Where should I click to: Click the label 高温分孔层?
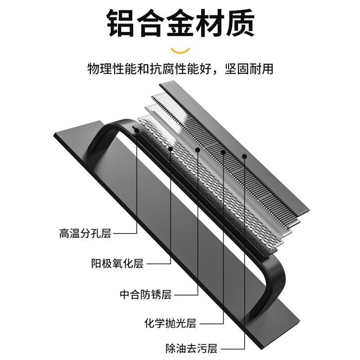[85, 234]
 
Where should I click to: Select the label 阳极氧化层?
[117, 264]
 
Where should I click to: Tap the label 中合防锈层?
[145, 295]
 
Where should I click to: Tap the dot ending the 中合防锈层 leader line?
[198, 150]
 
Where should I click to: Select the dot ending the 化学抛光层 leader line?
[223, 152]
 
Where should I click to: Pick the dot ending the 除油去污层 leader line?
[244, 157]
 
